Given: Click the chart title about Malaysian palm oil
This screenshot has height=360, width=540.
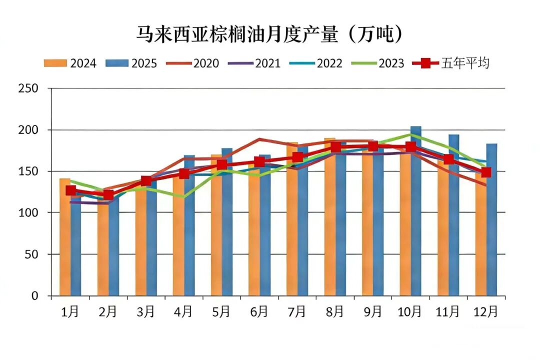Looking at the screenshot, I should pyautogui.click(x=270, y=35).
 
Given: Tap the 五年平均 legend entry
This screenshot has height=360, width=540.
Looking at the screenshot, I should pyautogui.click(x=450, y=63).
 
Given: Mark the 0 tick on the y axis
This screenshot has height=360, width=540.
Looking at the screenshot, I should pyautogui.click(x=34, y=296).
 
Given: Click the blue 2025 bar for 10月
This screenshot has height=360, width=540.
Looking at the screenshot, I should pyautogui.click(x=416, y=210).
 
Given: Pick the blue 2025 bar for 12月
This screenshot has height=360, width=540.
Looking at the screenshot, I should pyautogui.click(x=491, y=220).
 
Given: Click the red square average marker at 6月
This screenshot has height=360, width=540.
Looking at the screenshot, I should pyautogui.click(x=259, y=161).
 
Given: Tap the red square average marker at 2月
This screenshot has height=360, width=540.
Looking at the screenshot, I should pyautogui.click(x=108, y=195).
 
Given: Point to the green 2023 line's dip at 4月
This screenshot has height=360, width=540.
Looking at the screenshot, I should pyautogui.click(x=183, y=196).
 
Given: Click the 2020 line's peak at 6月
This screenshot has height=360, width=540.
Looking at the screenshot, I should pyautogui.click(x=259, y=139).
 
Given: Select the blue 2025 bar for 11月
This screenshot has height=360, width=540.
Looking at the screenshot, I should pyautogui.click(x=453, y=215).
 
